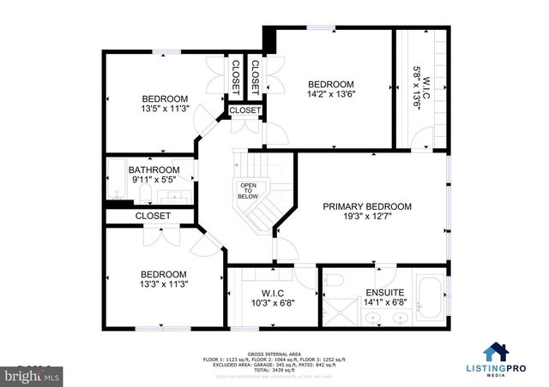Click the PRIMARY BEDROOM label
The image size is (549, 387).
[x=367, y=206]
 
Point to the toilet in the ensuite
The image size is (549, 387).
[x=336, y=280]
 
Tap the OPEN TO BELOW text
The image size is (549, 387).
[x=248, y=190]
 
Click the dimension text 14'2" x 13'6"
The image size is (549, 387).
[x=331, y=95]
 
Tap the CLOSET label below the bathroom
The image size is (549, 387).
[x=153, y=217]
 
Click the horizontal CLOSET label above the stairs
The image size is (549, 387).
[x=244, y=110]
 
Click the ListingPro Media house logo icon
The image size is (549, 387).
[x=496, y=351]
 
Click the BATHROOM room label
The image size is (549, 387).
[x=154, y=170]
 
